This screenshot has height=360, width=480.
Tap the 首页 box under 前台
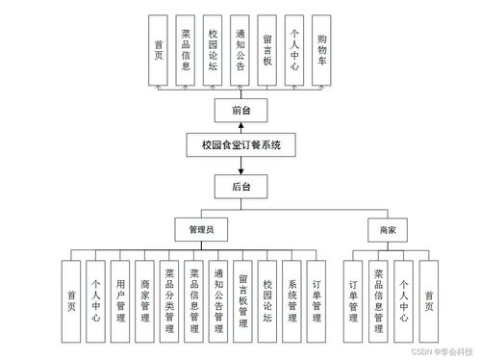pos(158,47)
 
